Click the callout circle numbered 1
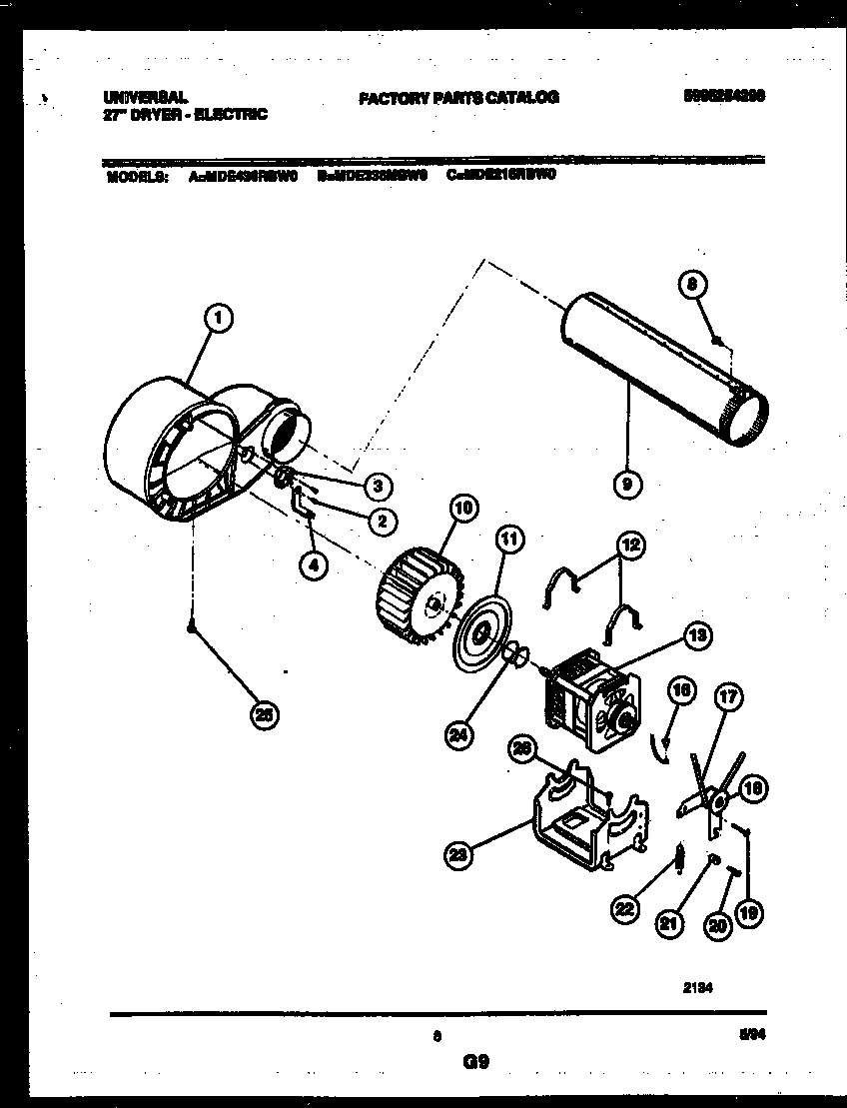pos(217,318)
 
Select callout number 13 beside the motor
pos(696,634)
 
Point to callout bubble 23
pos(458,853)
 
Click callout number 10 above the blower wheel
pos(462,506)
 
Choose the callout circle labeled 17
pos(729,698)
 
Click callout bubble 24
pos(458,737)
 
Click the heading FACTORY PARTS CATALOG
pos(458,97)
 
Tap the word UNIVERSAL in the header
pos(144,97)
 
